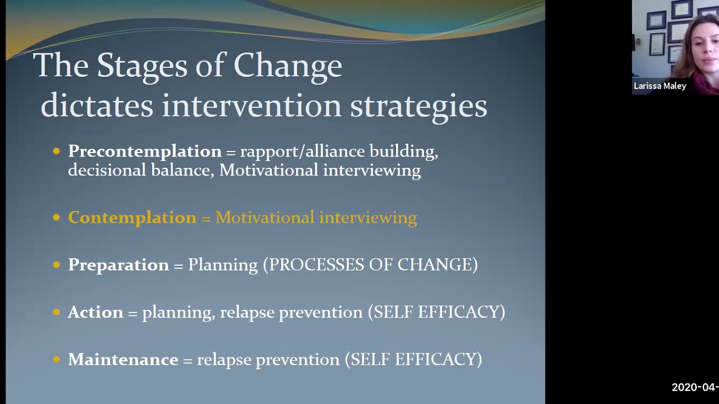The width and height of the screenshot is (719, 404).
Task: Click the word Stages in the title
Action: (141, 66)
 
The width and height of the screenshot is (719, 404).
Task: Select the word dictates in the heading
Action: (97, 105)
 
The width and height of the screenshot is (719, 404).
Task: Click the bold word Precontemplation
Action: (144, 151)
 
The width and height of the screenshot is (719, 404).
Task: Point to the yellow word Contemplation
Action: (132, 218)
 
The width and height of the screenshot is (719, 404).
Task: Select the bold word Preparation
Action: (118, 265)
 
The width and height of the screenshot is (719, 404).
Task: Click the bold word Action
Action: (95, 312)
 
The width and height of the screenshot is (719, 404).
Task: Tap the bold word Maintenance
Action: (122, 359)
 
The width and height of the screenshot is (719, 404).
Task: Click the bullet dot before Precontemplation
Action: (56, 151)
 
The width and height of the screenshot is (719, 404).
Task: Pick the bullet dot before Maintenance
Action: (56, 359)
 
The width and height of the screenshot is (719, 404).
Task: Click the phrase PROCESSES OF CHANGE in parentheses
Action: (373, 265)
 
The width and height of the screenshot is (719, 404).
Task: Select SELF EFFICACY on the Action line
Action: (436, 312)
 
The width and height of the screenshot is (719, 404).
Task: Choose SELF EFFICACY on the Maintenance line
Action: (413, 359)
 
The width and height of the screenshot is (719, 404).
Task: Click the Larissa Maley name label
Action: (660, 86)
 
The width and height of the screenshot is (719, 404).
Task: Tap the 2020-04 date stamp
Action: (695, 387)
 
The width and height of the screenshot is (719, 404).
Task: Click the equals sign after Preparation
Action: (178, 265)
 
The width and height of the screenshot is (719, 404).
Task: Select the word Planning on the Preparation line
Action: (222, 265)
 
